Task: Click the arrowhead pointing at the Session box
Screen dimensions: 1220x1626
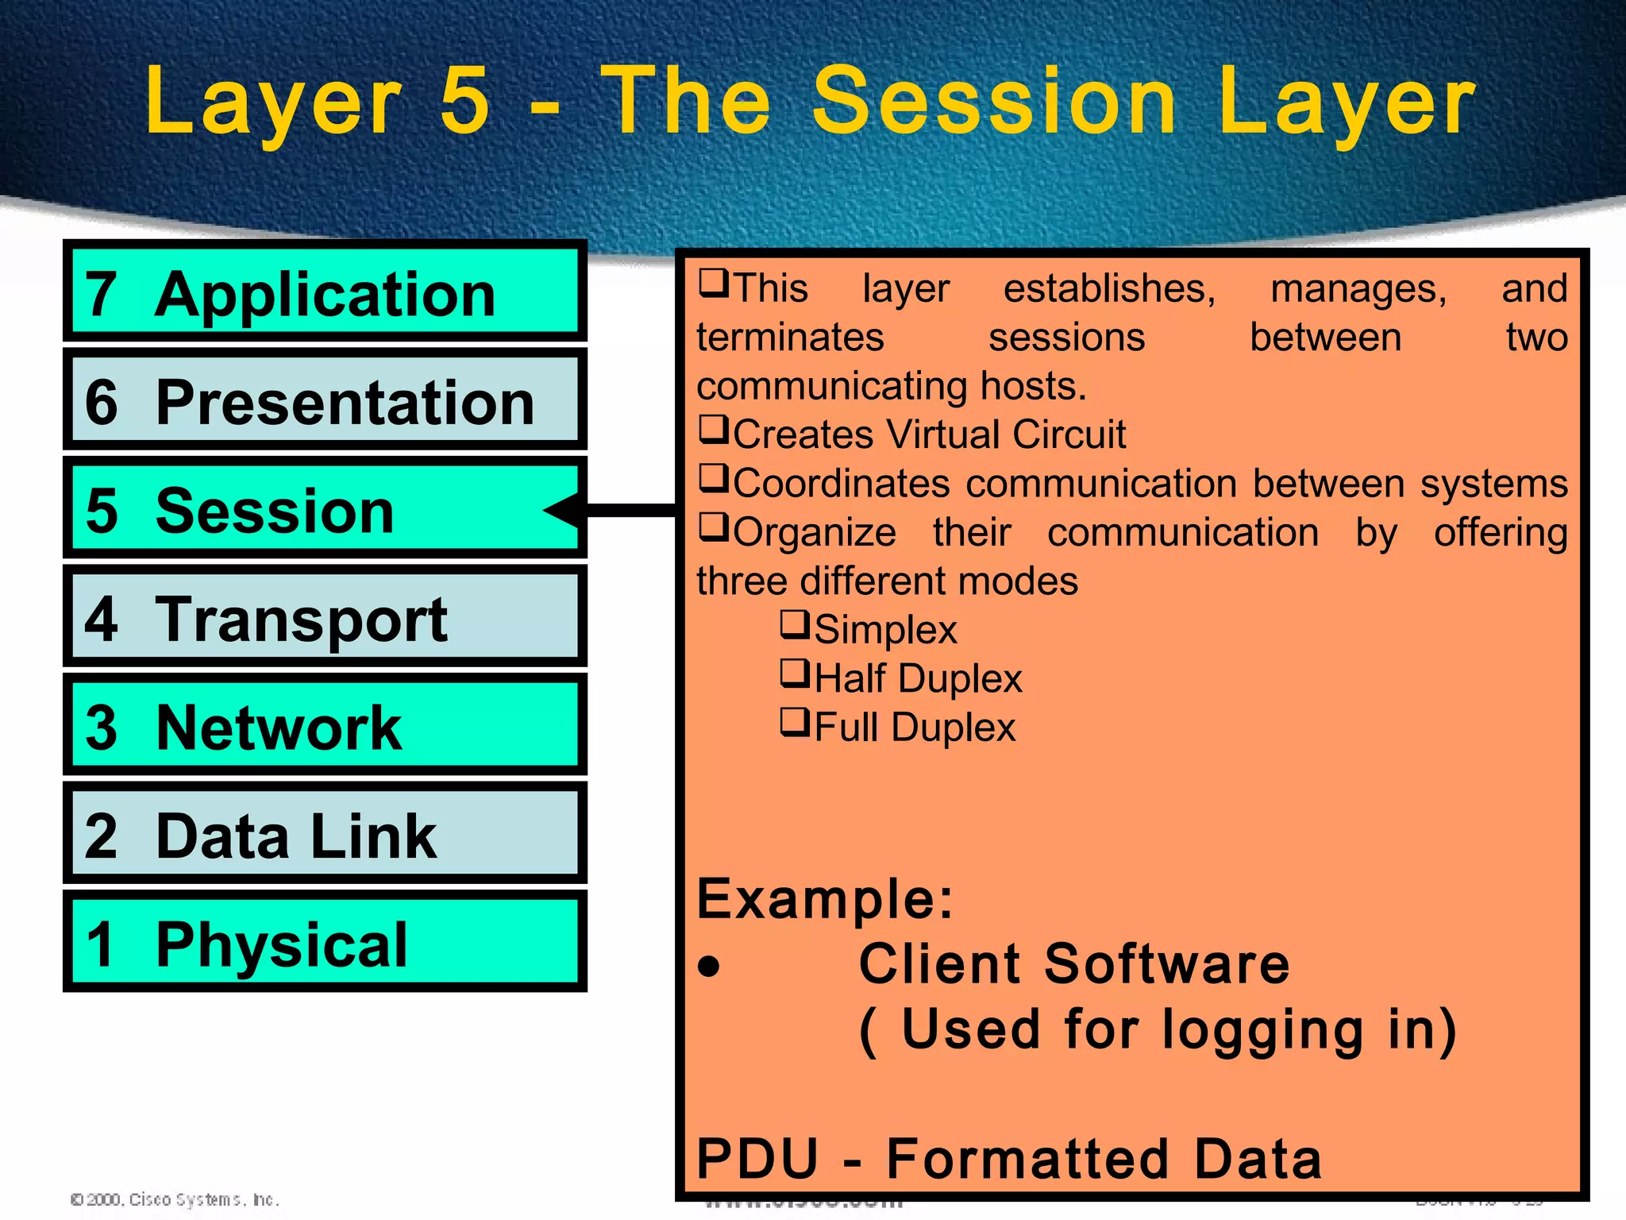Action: (562, 509)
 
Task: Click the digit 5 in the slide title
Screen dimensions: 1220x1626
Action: (464, 101)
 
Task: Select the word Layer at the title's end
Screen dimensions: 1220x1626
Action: (1346, 101)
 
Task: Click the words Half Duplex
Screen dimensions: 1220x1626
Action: (918, 678)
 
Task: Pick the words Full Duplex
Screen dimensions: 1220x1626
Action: (915, 727)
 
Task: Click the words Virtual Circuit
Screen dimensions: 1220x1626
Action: (1006, 434)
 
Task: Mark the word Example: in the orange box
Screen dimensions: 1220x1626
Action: (824, 899)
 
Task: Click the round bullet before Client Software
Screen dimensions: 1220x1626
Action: (708, 967)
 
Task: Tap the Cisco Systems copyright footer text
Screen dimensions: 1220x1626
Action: (175, 1199)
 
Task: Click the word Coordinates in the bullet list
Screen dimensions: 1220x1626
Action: (841, 484)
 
